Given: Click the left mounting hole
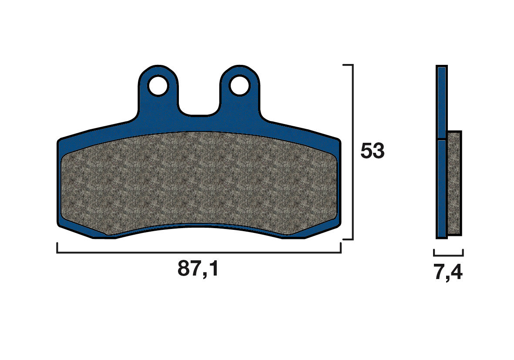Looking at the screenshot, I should pyautogui.click(x=158, y=85).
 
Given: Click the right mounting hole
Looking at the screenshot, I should pyautogui.click(x=240, y=85).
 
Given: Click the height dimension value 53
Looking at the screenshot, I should pyautogui.click(x=372, y=151).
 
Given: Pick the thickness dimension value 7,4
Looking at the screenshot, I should pyautogui.click(x=448, y=273).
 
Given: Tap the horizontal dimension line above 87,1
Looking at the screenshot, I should pyautogui.click(x=198, y=252).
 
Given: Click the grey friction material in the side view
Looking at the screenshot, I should pyautogui.click(x=454, y=183).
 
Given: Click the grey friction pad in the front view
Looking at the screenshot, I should pyautogui.click(x=198, y=183).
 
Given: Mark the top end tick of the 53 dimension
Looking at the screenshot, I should pyautogui.click(x=347, y=65).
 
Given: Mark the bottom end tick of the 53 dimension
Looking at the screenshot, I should pyautogui.click(x=347, y=239).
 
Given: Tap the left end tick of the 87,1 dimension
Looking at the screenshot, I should pyautogui.click(x=57, y=248).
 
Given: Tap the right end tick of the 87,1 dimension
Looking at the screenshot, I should pyautogui.click(x=340, y=248).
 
